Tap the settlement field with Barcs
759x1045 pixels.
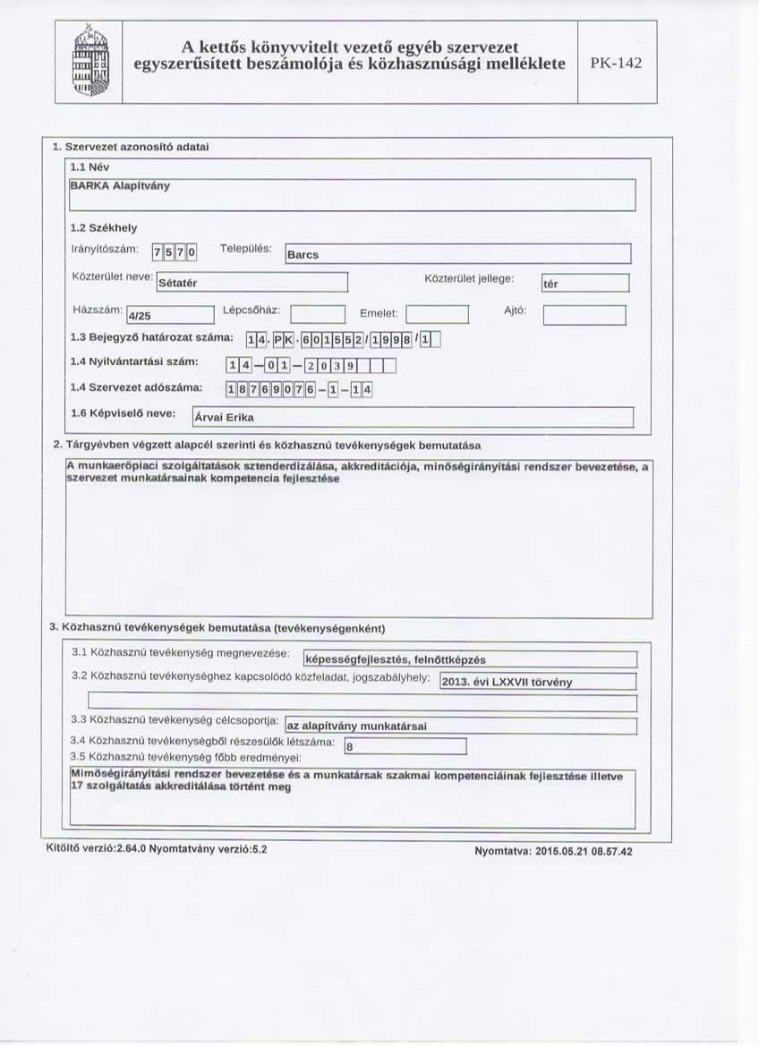pyautogui.click(x=457, y=254)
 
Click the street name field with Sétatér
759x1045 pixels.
pyautogui.click(x=251, y=283)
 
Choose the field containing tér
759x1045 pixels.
pyautogui.click(x=585, y=284)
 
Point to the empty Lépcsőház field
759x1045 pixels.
pyautogui.click(x=318, y=314)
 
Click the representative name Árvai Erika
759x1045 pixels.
pyautogui.click(x=412, y=417)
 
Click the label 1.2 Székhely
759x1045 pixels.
pyautogui.click(x=103, y=227)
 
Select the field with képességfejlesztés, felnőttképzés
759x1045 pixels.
pyautogui.click(x=469, y=659)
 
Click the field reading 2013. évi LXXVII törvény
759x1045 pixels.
pyautogui.click(x=538, y=682)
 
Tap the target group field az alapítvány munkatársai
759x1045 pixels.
pyautogui.click(x=459, y=726)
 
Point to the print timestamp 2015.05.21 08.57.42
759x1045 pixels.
pyautogui.click(x=553, y=851)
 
